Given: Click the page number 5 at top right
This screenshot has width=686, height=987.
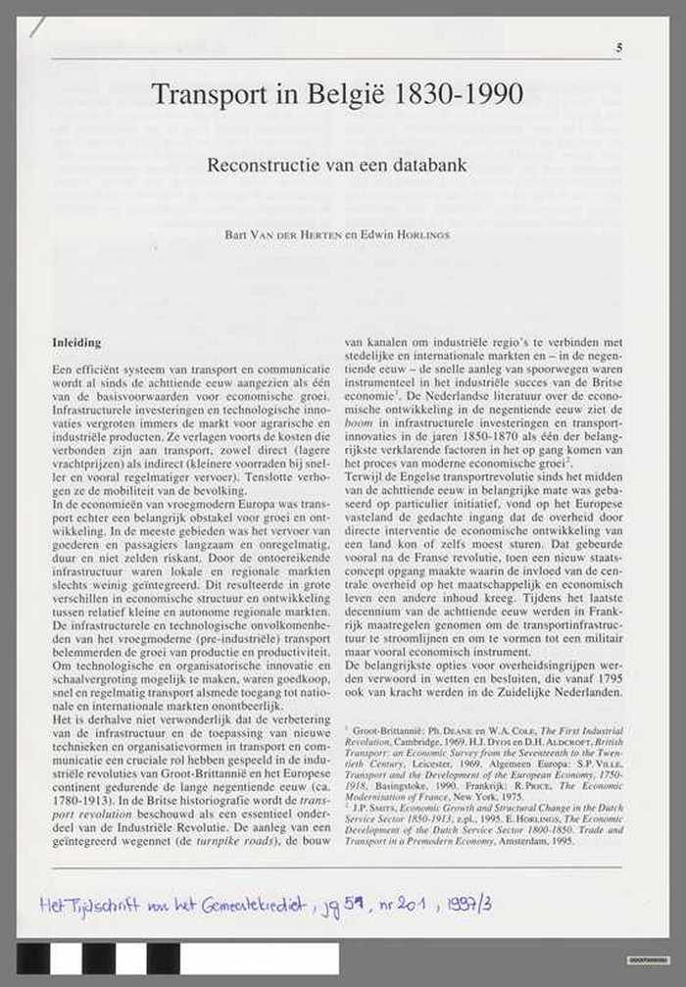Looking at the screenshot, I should tap(618, 48).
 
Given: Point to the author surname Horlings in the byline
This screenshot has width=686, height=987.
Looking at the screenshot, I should tap(425, 235).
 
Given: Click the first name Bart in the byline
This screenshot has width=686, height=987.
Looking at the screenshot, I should tap(237, 235).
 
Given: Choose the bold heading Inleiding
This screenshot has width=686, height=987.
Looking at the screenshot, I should tap(76, 343).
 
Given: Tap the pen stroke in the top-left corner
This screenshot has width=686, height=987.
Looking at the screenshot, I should tap(36, 26).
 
